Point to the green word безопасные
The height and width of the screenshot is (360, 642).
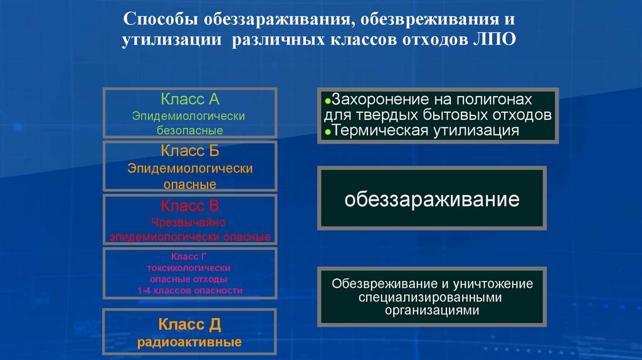(189, 130)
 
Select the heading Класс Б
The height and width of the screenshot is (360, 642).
(189, 151)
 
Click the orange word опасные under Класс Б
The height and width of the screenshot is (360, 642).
(189, 184)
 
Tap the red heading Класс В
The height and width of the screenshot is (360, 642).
(189, 205)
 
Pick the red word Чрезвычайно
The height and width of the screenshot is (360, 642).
(189, 222)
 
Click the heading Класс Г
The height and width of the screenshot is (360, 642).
(189, 257)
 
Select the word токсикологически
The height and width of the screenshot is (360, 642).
(189, 268)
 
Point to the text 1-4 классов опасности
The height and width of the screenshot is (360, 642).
(189, 290)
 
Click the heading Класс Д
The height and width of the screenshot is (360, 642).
(189, 324)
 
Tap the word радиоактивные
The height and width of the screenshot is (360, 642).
(189, 342)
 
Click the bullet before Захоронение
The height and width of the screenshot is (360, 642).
(328, 101)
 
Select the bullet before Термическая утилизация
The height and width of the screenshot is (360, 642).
(328, 132)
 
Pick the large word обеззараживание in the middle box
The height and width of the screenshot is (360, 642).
(432, 200)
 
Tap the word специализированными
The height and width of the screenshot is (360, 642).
(432, 297)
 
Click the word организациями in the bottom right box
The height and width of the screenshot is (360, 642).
(432, 310)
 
